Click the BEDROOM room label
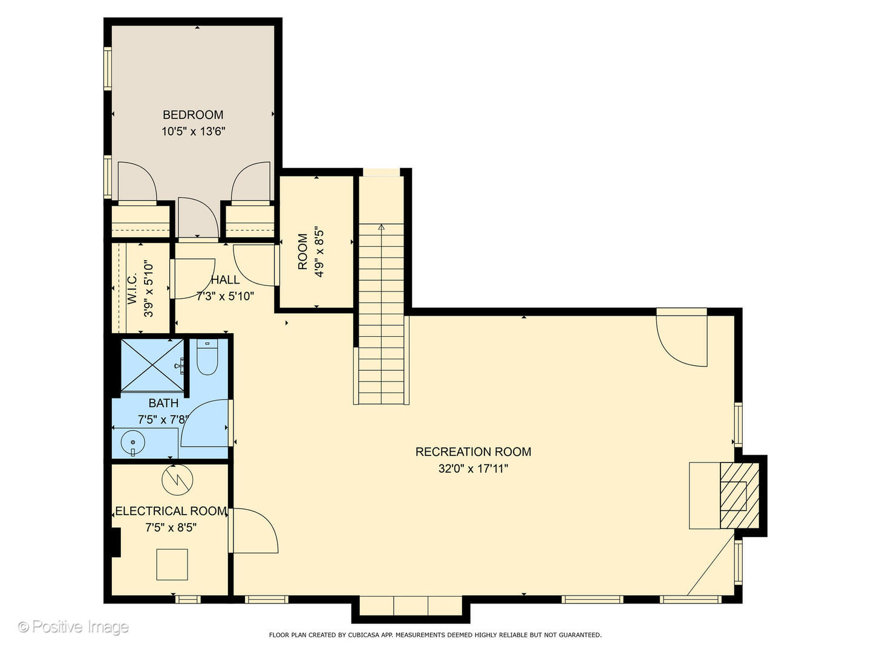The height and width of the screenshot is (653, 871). point(193,115)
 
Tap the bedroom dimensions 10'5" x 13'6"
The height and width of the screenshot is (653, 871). point(193,131)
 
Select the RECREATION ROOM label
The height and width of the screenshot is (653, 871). point(473,452)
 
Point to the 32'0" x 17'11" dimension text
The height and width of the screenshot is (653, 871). point(473,468)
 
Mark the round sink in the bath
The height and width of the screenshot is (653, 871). point(132,443)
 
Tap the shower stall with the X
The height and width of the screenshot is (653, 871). point(152,365)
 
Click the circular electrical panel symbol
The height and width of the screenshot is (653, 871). point(177,479)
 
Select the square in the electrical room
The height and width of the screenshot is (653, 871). point(172,565)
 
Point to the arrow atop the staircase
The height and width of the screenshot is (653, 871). point(381,227)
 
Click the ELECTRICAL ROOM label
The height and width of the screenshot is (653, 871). point(171,511)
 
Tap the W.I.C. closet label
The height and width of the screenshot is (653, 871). point(132,288)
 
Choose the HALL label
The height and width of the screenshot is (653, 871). point(225,280)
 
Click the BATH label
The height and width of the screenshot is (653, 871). point(163,403)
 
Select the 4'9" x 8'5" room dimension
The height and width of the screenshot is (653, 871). point(319,252)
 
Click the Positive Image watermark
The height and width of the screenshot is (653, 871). point(74,627)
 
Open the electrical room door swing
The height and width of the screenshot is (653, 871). point(254,531)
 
